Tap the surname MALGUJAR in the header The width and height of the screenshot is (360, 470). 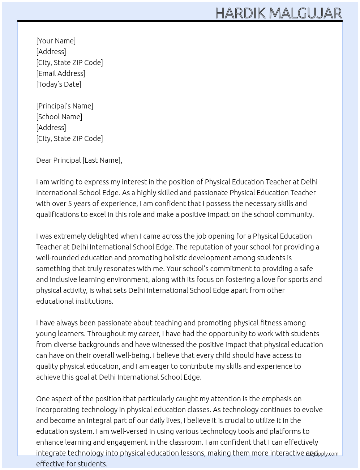305,13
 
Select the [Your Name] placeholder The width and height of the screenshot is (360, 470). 56,41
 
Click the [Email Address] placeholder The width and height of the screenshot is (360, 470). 61,73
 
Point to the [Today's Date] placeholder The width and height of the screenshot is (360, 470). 59,84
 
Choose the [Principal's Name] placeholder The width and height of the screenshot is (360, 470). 65,106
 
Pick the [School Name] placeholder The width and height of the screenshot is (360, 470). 59,117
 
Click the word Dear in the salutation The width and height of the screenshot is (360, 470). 44,160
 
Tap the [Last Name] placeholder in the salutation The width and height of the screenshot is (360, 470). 102,160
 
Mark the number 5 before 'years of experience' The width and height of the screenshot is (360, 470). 70,204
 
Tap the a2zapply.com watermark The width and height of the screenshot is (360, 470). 322,454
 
